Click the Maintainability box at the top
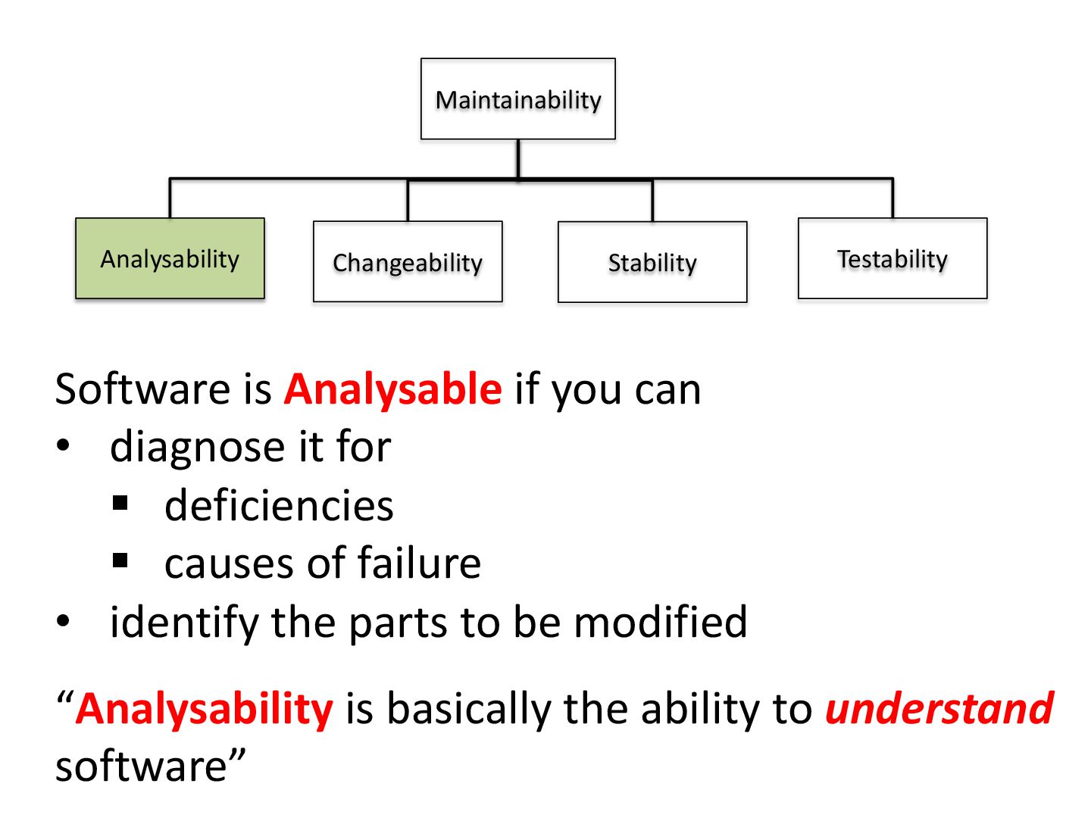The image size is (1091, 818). pos(518,99)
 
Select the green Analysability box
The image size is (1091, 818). pos(170,259)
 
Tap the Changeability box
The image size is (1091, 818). pos(408,262)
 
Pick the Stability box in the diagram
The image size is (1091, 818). pos(652,262)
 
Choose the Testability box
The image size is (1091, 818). pos(892,259)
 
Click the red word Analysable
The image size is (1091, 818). pos(392,389)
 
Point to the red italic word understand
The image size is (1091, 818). pos(939,709)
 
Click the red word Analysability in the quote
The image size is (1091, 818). pos(205,709)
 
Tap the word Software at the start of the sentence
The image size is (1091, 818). pos(142,389)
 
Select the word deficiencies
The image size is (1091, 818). pos(279,505)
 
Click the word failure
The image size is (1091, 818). pos(419,564)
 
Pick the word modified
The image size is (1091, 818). pos(661,622)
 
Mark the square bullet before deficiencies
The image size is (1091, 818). pos(120,503)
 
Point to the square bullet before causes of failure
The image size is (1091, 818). pos(120,561)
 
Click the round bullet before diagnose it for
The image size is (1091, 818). pos(64,446)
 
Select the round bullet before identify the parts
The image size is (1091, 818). pos(64,621)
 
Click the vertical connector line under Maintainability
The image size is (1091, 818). pos(518,158)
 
